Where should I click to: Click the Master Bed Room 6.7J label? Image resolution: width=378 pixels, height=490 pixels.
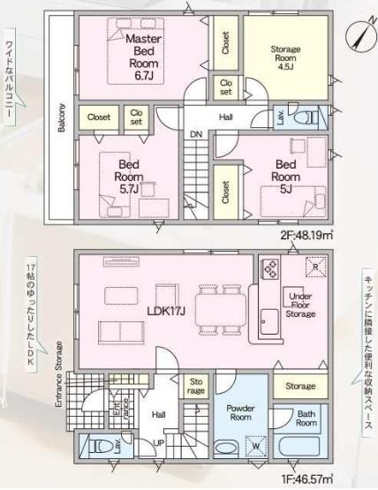coord(140,58)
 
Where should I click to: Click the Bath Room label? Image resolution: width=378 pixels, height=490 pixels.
coord(306,418)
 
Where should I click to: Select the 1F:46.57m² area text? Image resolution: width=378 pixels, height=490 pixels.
coord(303,478)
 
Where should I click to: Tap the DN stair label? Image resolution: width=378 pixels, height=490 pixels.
coord(195,134)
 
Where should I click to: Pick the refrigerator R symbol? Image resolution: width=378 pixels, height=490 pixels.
coord(312,267)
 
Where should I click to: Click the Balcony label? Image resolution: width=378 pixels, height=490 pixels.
coord(61,119)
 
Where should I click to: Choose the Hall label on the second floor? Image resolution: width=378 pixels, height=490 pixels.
coord(226,116)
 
